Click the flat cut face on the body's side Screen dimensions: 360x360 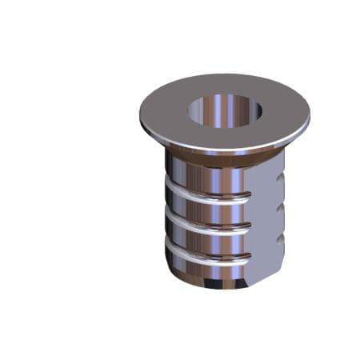[266, 224]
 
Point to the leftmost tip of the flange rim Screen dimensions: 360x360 [140, 112]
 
